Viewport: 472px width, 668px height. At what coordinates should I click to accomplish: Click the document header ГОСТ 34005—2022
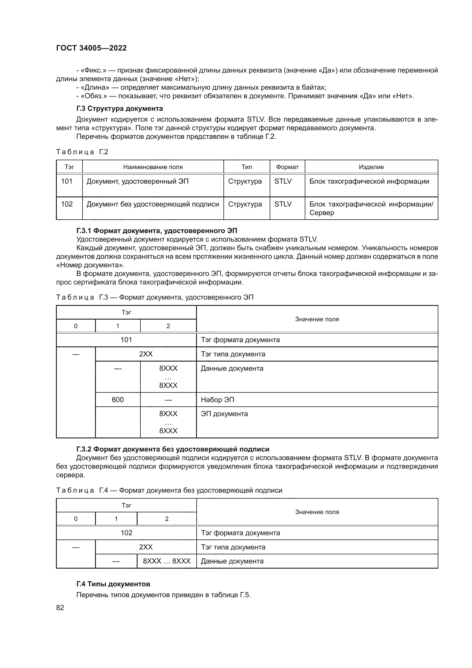coord(91,48)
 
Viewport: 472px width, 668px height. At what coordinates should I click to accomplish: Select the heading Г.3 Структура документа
coord(120,109)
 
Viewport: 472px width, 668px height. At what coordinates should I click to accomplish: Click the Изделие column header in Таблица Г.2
coord(371,167)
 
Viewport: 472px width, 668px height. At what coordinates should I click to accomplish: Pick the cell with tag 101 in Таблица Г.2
coord(66,181)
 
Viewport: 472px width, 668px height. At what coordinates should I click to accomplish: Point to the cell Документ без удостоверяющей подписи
coord(153,204)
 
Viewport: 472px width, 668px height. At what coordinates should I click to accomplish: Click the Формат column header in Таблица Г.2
coord(287,167)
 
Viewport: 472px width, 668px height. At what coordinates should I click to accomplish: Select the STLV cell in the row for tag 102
coord(283,204)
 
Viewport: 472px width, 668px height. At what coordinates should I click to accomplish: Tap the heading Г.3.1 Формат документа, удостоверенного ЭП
coord(157,231)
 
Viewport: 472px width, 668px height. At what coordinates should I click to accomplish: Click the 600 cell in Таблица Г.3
coord(118,400)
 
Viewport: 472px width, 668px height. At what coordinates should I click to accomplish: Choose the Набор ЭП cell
coord(217,400)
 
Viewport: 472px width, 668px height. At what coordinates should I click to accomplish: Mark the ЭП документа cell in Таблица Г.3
coord(224,414)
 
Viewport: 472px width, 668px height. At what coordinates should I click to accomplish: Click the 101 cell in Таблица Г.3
coord(126,340)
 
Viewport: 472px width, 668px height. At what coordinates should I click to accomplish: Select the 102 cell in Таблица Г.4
coord(126,533)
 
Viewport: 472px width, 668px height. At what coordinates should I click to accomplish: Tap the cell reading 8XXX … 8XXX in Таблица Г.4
coord(167,561)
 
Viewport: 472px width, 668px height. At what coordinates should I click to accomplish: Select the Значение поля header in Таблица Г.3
coord(317,319)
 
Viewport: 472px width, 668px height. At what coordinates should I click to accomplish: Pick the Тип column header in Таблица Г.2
coord(247,167)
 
